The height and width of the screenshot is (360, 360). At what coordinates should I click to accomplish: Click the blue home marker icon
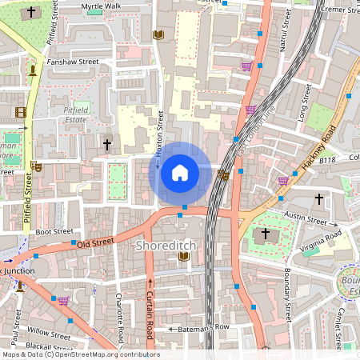click(x=180, y=173)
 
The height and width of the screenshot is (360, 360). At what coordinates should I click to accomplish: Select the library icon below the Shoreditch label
click(x=184, y=256)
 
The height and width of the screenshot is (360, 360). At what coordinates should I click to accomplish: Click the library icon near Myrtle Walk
click(x=158, y=34)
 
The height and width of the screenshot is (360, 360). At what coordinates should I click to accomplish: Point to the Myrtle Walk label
click(x=102, y=6)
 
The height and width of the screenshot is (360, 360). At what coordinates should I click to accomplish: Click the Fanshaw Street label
click(x=73, y=61)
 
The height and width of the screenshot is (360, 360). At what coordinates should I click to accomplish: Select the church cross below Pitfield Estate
click(x=107, y=145)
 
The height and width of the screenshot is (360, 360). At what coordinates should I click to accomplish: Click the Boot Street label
click(x=54, y=231)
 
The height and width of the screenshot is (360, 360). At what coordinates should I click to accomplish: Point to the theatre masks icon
click(x=36, y=166)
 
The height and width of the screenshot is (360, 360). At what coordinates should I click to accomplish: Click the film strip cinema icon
click(x=20, y=112)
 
